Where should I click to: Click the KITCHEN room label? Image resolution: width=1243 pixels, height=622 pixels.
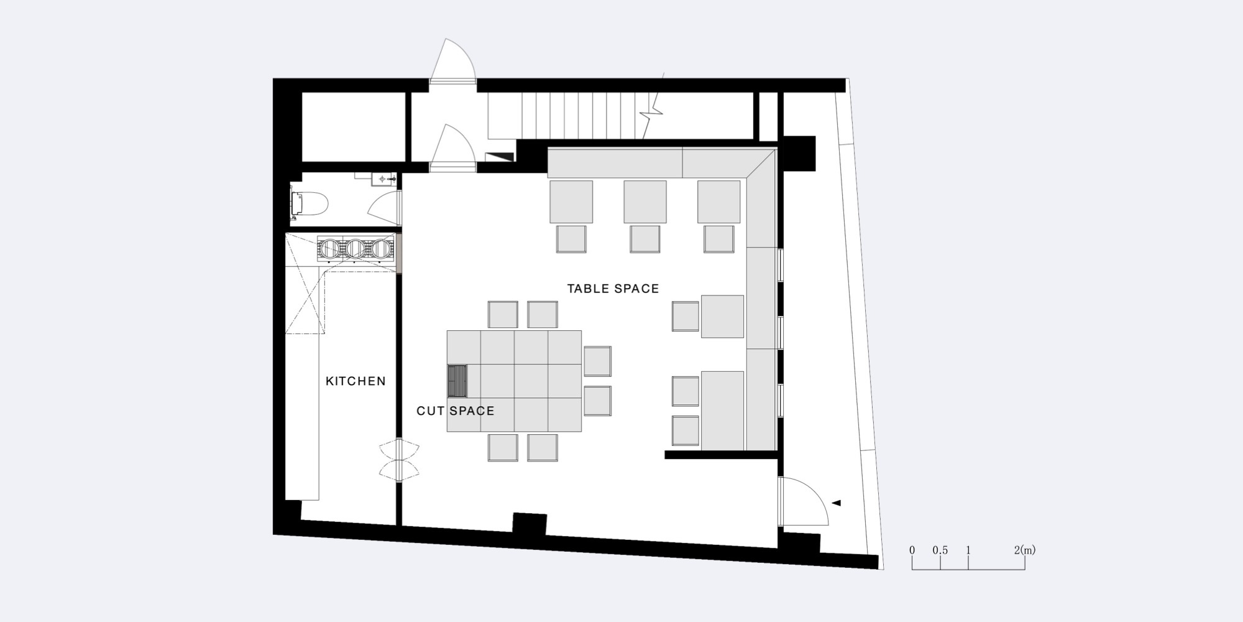[355, 381]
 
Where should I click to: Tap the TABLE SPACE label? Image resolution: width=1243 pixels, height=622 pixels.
[613, 289]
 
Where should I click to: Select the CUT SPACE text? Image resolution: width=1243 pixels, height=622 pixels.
[456, 411]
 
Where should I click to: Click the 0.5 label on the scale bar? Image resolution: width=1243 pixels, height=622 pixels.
[940, 550]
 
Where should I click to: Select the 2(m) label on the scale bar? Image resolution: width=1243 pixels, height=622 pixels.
[1025, 550]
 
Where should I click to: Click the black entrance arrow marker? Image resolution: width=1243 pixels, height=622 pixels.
[836, 503]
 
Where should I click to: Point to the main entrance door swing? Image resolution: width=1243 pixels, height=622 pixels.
[804, 501]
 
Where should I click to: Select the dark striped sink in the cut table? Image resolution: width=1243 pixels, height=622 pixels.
[458, 381]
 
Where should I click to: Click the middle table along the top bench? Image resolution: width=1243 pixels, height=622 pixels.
[645, 202]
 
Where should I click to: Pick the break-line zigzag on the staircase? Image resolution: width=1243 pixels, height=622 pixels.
[654, 106]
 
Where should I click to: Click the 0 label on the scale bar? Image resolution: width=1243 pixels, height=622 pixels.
[912, 550]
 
